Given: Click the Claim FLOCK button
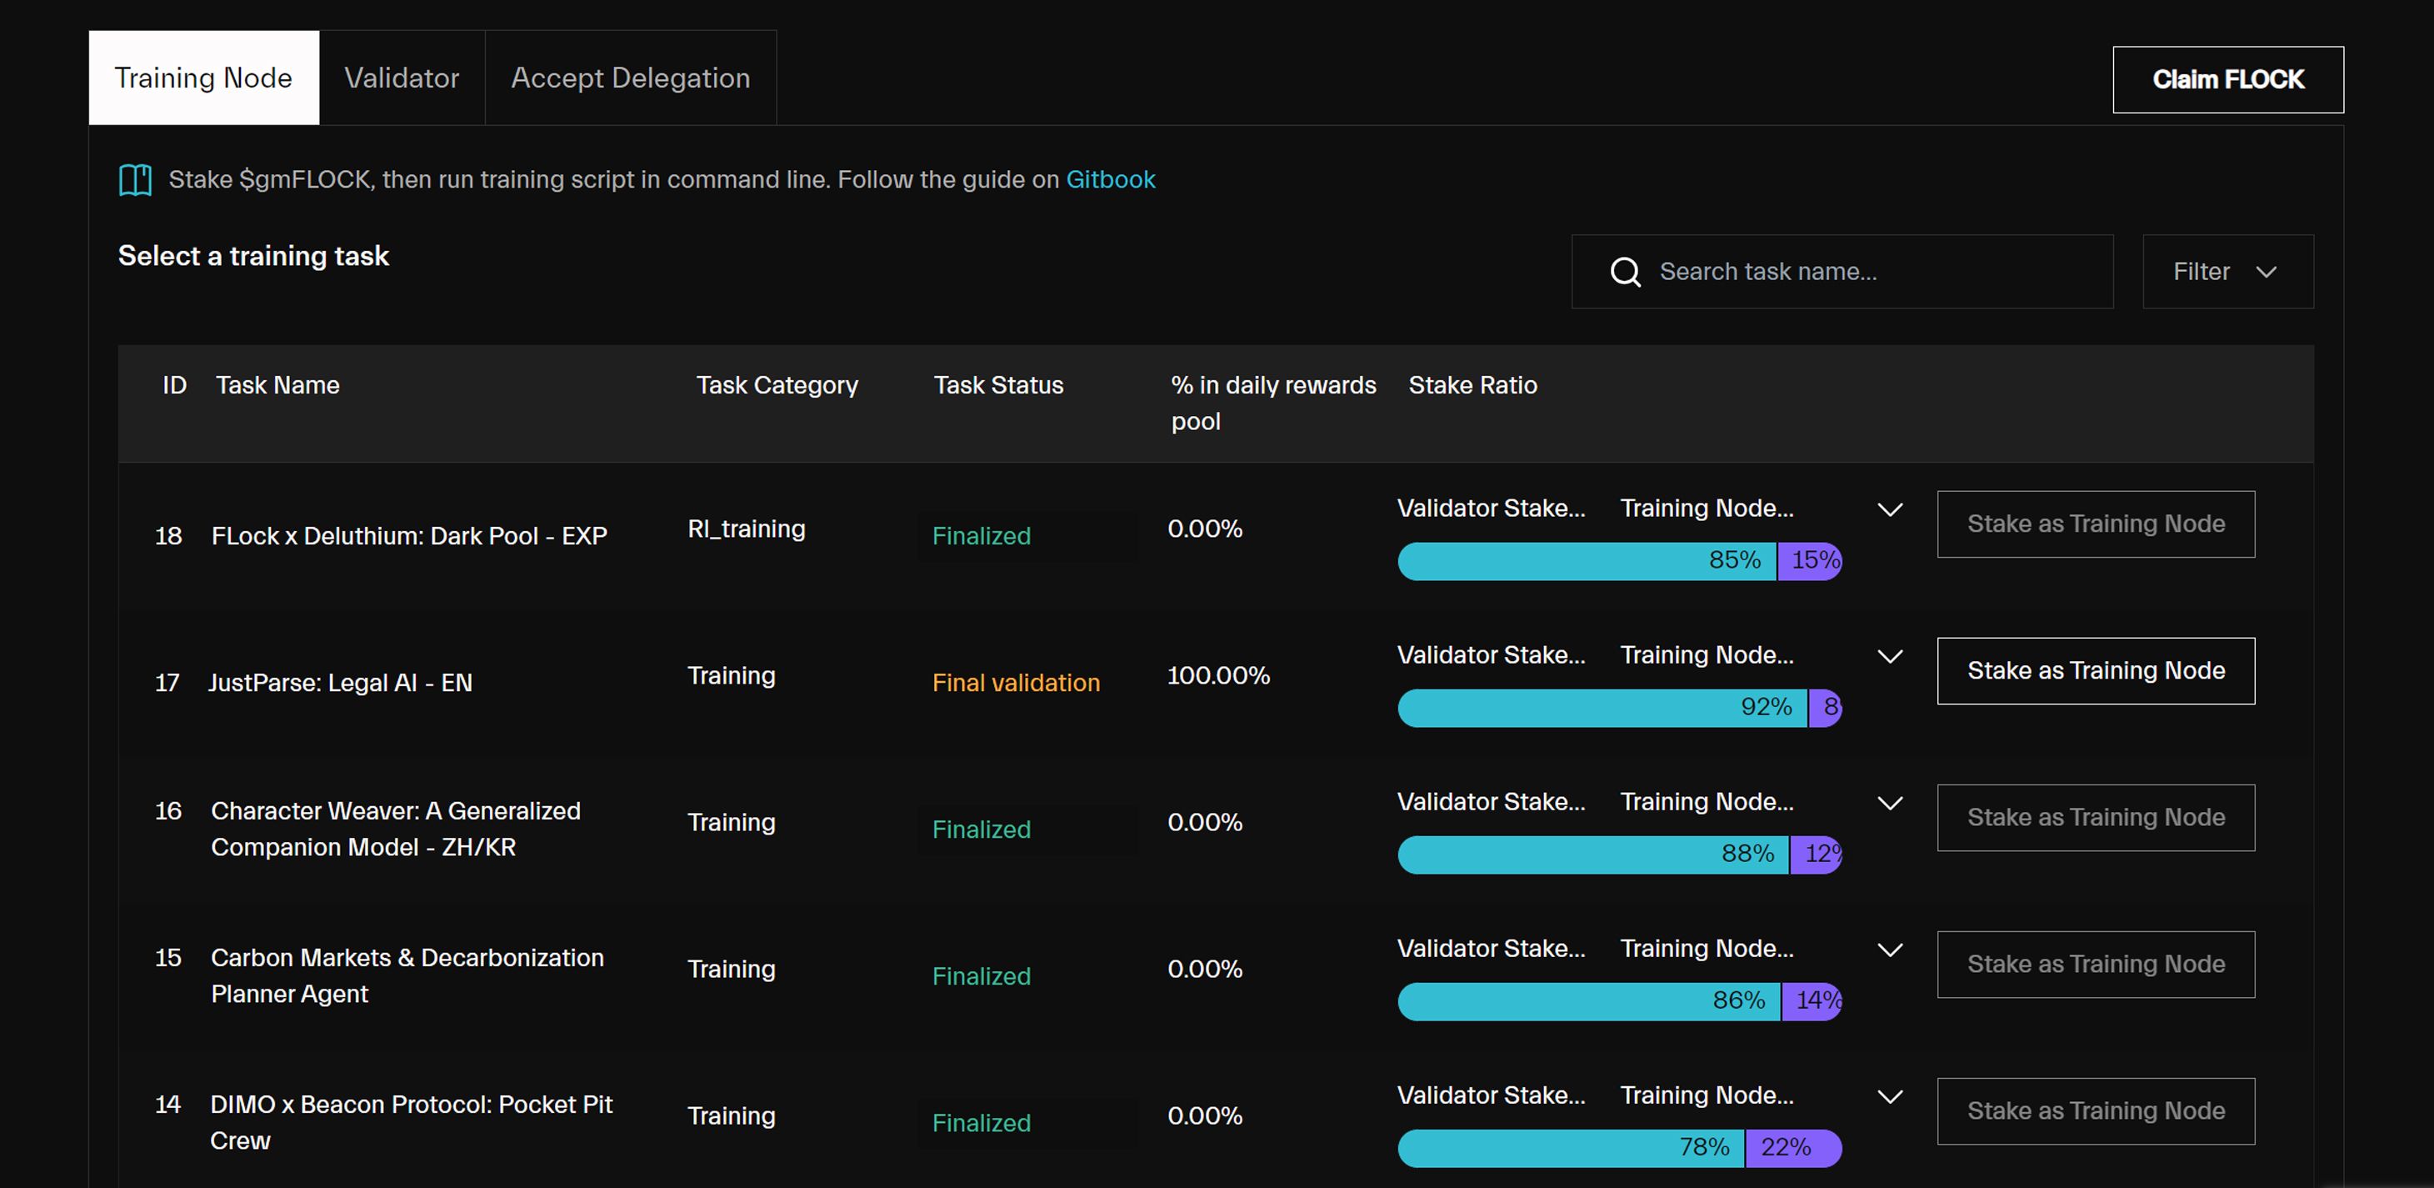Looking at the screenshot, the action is pyautogui.click(x=2227, y=79).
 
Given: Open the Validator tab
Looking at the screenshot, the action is pyautogui.click(x=402, y=78).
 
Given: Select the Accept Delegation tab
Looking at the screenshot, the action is pyautogui.click(x=630, y=78).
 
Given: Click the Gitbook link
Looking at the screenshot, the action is pyautogui.click(x=1110, y=179).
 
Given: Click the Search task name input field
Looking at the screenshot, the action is pyautogui.click(x=1842, y=271).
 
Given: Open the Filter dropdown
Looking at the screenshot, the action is pyautogui.click(x=2227, y=271).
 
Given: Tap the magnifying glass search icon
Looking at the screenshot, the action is pyautogui.click(x=1625, y=272).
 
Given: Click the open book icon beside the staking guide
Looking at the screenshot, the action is pyautogui.click(x=135, y=179).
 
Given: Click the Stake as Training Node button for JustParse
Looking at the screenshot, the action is pyautogui.click(x=2095, y=671).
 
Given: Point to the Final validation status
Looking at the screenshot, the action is pyautogui.click(x=1016, y=682).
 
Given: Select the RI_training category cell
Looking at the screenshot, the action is pyautogui.click(x=747, y=529).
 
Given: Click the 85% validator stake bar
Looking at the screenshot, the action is pyautogui.click(x=1587, y=561).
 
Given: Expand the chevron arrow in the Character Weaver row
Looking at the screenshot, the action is pyautogui.click(x=1890, y=804).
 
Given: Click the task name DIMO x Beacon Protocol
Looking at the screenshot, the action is pyautogui.click(x=411, y=1122).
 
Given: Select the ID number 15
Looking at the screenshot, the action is pyautogui.click(x=168, y=957).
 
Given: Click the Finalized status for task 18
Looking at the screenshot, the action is pyautogui.click(x=981, y=536).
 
